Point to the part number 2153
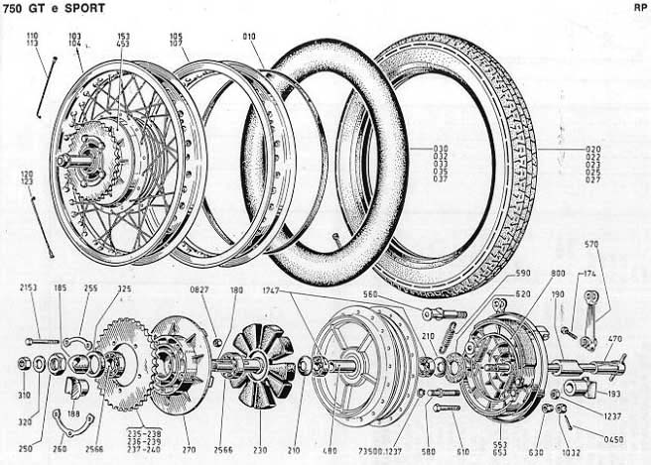pyautogui.click(x=28, y=288)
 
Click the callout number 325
pyautogui.click(x=123, y=290)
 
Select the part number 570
pyautogui.click(x=591, y=244)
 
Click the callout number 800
pyautogui.click(x=559, y=274)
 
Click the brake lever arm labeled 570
pyautogui.click(x=593, y=317)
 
